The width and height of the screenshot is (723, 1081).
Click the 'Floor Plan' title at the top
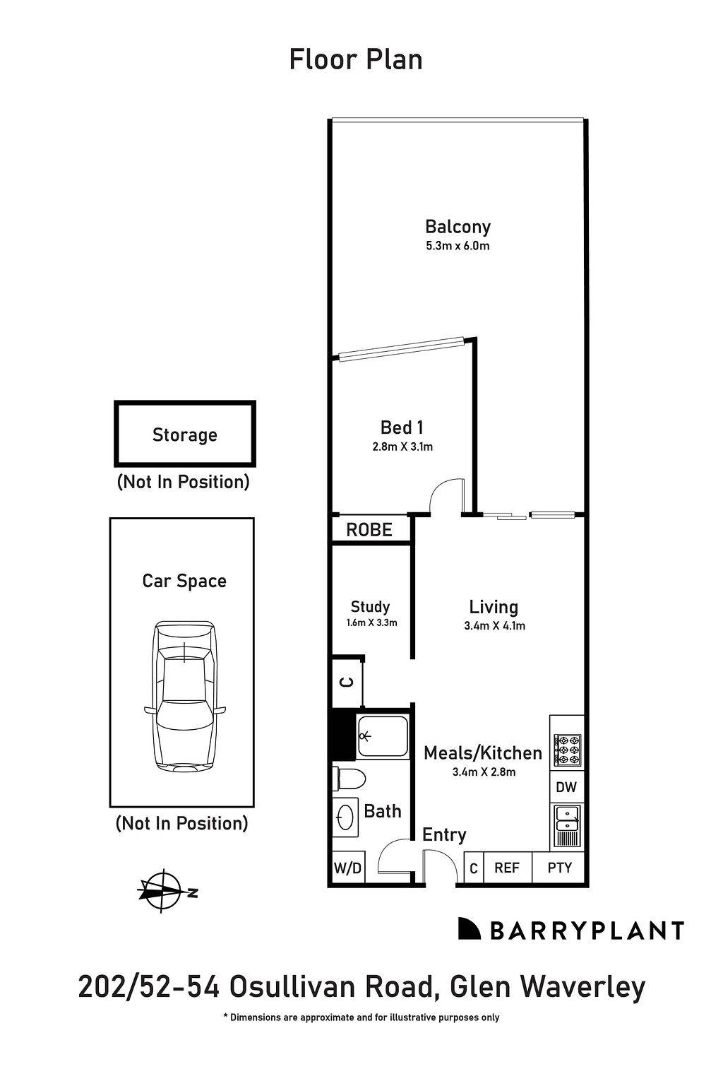tap(356, 59)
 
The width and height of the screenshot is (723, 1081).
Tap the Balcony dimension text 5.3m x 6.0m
tap(458, 247)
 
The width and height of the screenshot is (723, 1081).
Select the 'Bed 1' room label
tap(401, 427)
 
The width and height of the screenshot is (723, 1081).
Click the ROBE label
tap(369, 530)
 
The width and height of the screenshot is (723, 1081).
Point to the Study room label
tap(370, 607)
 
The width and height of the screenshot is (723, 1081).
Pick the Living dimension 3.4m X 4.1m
tap(494, 625)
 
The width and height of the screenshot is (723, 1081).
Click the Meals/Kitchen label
tap(483, 753)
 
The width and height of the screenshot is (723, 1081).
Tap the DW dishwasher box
tap(566, 787)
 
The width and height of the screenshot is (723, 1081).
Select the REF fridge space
tap(506, 868)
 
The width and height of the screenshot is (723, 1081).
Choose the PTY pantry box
tap(559, 868)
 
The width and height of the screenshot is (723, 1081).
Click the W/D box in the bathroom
tap(347, 868)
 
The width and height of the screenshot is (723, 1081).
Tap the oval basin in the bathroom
tap(345, 817)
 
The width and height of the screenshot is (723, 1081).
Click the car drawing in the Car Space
tap(184, 696)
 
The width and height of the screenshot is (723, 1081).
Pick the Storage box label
tap(185, 435)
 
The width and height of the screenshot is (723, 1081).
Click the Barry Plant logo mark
tap(469, 929)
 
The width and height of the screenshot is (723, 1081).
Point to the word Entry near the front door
tap(444, 834)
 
